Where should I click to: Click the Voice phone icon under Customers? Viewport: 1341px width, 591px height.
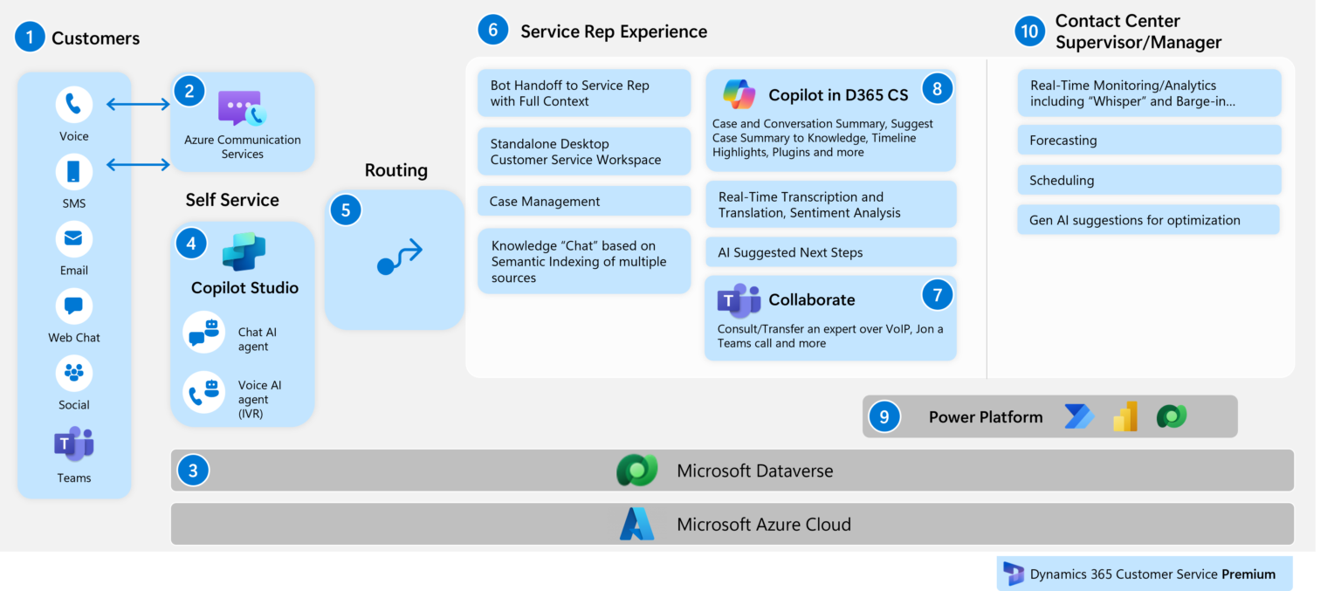[x=74, y=105]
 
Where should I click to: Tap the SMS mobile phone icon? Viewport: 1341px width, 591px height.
[x=74, y=172]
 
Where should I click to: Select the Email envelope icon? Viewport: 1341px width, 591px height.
[x=74, y=239]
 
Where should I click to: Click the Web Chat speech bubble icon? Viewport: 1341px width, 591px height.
[x=74, y=306]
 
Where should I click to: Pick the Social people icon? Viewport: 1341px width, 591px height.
[x=74, y=374]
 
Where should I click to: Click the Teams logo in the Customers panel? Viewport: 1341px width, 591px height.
[x=74, y=444]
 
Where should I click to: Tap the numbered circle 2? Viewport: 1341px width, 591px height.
[x=189, y=91]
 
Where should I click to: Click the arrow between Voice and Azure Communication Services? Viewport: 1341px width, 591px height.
[x=138, y=105]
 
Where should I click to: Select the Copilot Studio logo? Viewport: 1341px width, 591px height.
[x=244, y=251]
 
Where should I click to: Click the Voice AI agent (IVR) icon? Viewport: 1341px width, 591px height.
[x=204, y=392]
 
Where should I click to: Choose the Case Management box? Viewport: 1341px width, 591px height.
[x=583, y=202]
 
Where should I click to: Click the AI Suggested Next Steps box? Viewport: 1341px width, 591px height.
[x=830, y=252]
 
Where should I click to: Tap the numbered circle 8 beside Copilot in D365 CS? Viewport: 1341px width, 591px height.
[x=937, y=88]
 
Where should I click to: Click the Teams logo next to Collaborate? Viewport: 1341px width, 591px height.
[x=739, y=300]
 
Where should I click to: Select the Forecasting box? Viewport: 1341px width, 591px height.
[x=1148, y=141]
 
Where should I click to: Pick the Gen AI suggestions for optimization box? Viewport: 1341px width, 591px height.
[x=1148, y=220]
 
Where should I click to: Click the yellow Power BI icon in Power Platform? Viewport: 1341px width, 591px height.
[x=1124, y=417]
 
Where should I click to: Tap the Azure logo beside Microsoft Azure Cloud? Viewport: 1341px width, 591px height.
[x=636, y=525]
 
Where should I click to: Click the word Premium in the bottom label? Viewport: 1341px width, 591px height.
[x=1248, y=574]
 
